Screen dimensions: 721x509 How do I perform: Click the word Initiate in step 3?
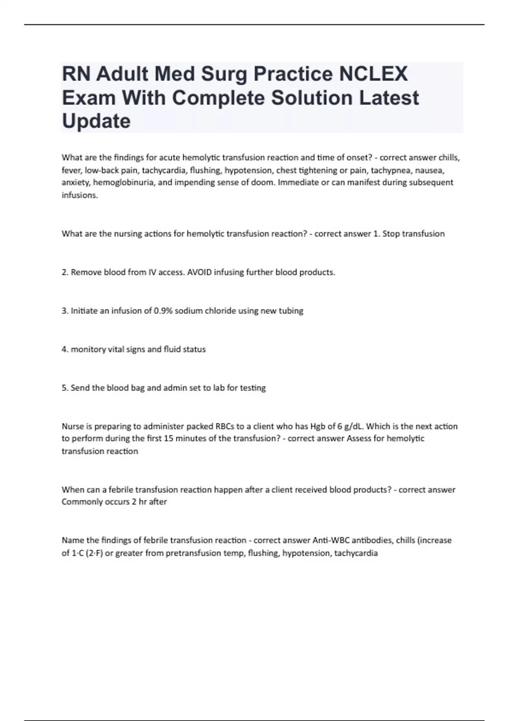pos(84,311)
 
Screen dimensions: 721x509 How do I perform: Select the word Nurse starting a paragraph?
pos(73,426)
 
